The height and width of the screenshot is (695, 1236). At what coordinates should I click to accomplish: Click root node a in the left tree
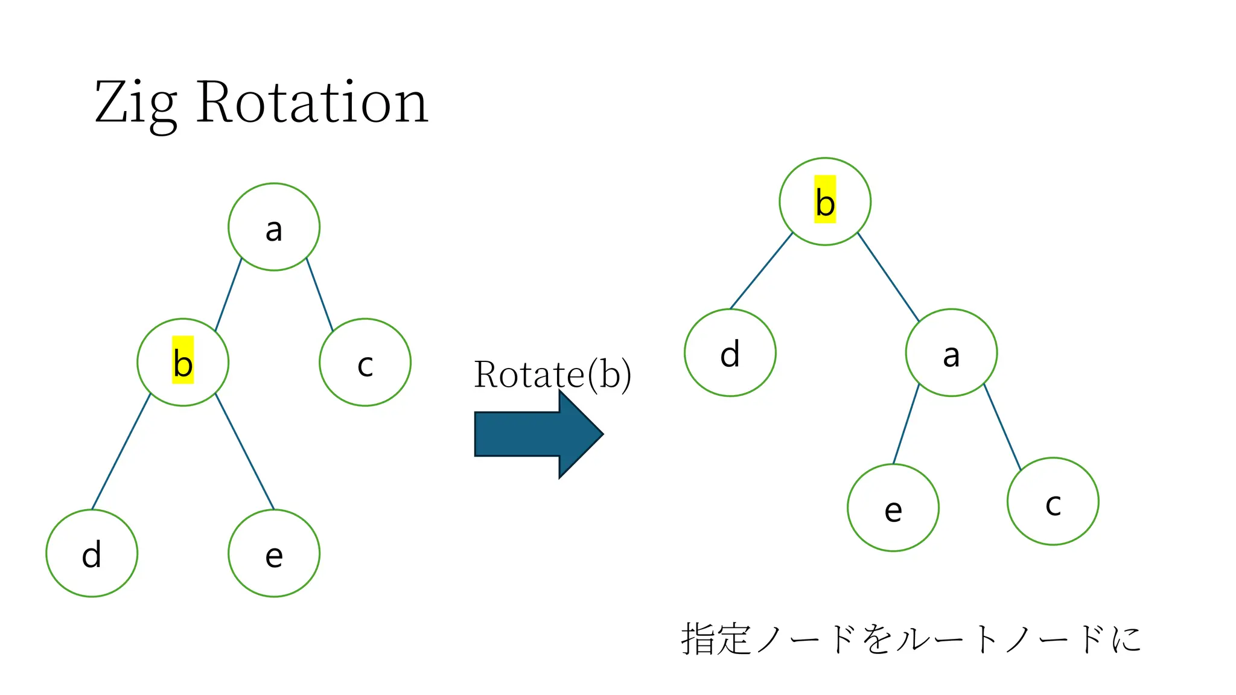point(274,227)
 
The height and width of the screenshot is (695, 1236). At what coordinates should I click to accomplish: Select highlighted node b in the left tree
point(183,362)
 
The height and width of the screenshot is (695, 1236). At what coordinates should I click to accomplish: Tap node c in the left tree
point(365,362)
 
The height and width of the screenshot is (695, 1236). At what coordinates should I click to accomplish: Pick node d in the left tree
point(92,553)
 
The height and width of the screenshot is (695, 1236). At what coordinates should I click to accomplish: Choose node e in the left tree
point(274,553)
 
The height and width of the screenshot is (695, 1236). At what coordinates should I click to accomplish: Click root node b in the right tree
point(825,202)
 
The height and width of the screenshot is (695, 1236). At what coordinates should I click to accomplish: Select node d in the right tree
point(730,352)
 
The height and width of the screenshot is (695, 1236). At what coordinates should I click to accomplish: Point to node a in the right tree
point(951,352)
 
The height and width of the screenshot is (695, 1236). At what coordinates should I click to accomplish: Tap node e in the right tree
point(893,507)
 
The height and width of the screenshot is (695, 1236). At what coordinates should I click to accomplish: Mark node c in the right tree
point(1053,501)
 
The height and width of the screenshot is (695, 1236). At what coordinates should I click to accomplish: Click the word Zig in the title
point(136,104)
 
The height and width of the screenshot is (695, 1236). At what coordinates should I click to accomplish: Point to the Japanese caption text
point(911,639)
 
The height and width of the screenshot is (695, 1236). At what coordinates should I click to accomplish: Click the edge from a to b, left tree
point(229,294)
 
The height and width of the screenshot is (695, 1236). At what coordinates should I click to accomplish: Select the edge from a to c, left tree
point(320,294)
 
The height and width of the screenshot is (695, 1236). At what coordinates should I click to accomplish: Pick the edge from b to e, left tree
point(244,451)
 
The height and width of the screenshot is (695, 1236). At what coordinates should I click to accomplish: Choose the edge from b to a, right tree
point(888,277)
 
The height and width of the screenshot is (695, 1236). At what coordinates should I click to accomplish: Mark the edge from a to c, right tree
point(1002,427)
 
